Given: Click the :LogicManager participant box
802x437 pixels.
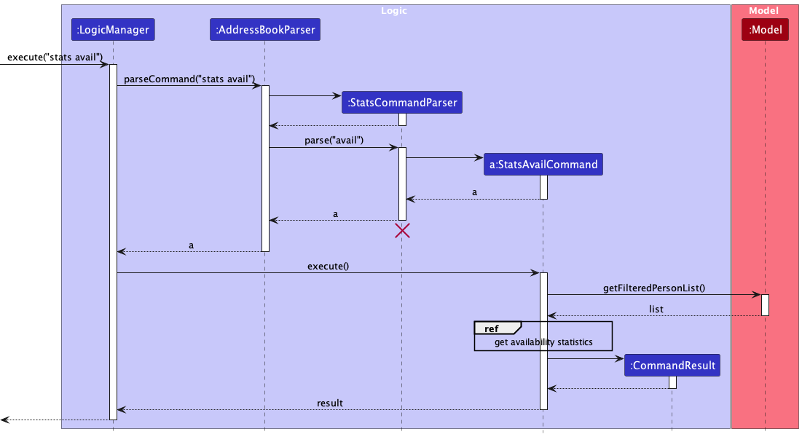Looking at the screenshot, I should pos(113,30).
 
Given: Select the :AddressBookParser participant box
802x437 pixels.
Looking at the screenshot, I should pos(265,30).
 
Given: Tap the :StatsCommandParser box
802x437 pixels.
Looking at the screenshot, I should pos(401,103).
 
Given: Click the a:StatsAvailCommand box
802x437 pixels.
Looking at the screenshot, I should pos(543,165).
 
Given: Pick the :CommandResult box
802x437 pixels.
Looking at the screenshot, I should pos(672,366).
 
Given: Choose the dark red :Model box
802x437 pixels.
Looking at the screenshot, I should pos(765,30).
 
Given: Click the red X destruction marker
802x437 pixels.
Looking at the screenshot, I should pos(401,231).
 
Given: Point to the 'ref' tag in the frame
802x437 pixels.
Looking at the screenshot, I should pos(492,328).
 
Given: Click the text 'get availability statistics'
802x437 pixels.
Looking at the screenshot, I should pos(543,342).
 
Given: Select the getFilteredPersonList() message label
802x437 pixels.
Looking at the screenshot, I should pos(654,288).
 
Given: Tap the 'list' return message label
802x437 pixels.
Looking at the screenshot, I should pos(656,309).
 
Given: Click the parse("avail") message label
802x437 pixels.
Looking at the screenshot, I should pos(334,140).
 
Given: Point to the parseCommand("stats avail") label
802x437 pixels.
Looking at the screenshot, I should pos(189,79).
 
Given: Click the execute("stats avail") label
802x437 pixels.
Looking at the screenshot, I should pos(55,57).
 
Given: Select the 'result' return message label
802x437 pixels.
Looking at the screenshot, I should pos(329,403).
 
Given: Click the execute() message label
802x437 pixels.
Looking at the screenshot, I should pos(328,266).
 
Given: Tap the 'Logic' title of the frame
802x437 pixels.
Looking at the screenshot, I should pos(394,11).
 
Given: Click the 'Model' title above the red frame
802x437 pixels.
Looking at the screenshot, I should pos(764,11).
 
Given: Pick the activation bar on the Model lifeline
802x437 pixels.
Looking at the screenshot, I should pos(765,304).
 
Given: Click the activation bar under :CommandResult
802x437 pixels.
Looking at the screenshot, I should pos(672,382).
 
